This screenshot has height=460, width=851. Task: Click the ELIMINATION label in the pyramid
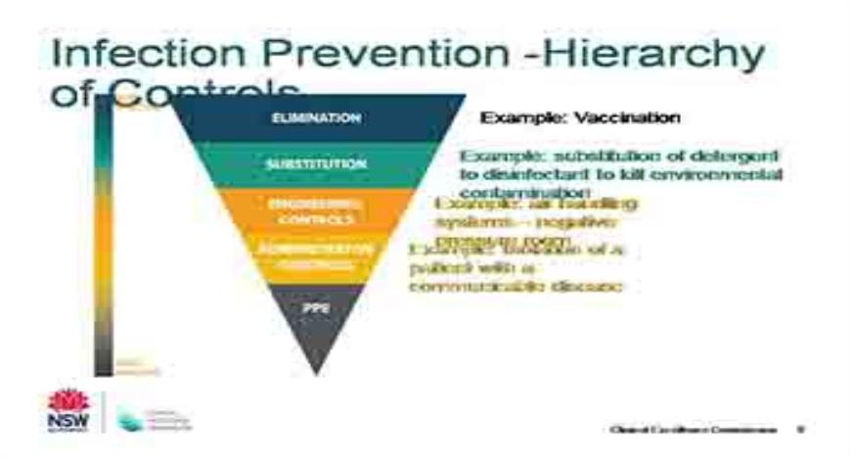(x=316, y=117)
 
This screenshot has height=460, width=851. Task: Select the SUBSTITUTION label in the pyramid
(x=316, y=164)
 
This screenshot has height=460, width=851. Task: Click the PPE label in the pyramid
(x=316, y=306)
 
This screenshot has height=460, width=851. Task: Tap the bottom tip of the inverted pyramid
(x=316, y=370)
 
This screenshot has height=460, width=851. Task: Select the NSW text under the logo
(x=67, y=421)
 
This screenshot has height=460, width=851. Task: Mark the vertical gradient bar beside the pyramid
(x=103, y=235)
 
